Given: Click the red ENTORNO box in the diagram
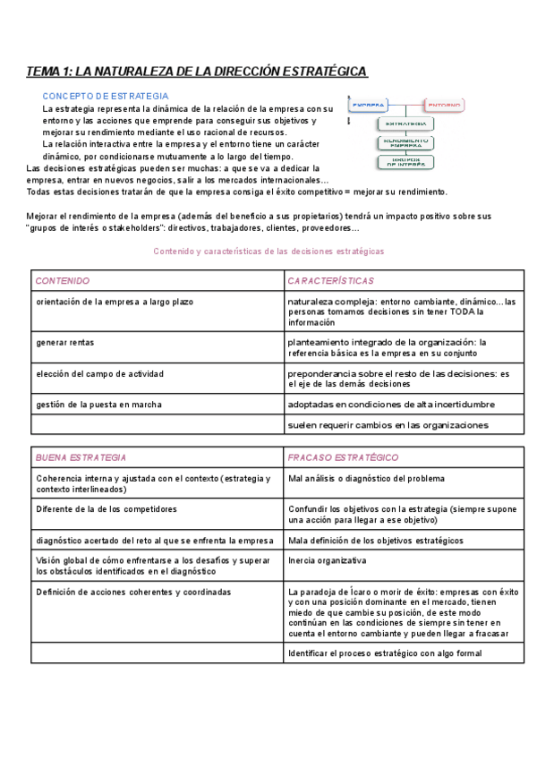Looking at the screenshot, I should pos(442,105).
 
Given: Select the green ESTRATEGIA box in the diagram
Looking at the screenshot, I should pos(405,124).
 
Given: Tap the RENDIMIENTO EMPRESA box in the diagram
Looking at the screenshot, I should pos(405,142).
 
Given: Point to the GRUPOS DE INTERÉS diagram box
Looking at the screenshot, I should pos(405,162).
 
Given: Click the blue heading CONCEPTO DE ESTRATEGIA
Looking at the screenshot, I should pos(105,96).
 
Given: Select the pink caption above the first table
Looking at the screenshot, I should pos(269,252).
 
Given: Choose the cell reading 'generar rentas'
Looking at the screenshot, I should pos(68,343).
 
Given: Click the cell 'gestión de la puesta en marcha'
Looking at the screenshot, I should pos(99,405).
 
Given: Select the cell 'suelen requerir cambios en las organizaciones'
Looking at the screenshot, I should pos(388,425).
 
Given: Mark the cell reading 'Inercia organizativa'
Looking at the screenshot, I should pos(327,560).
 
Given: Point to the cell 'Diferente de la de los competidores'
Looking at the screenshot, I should pos(107,509).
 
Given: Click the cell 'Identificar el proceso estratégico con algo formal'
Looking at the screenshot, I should pos(385,653).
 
